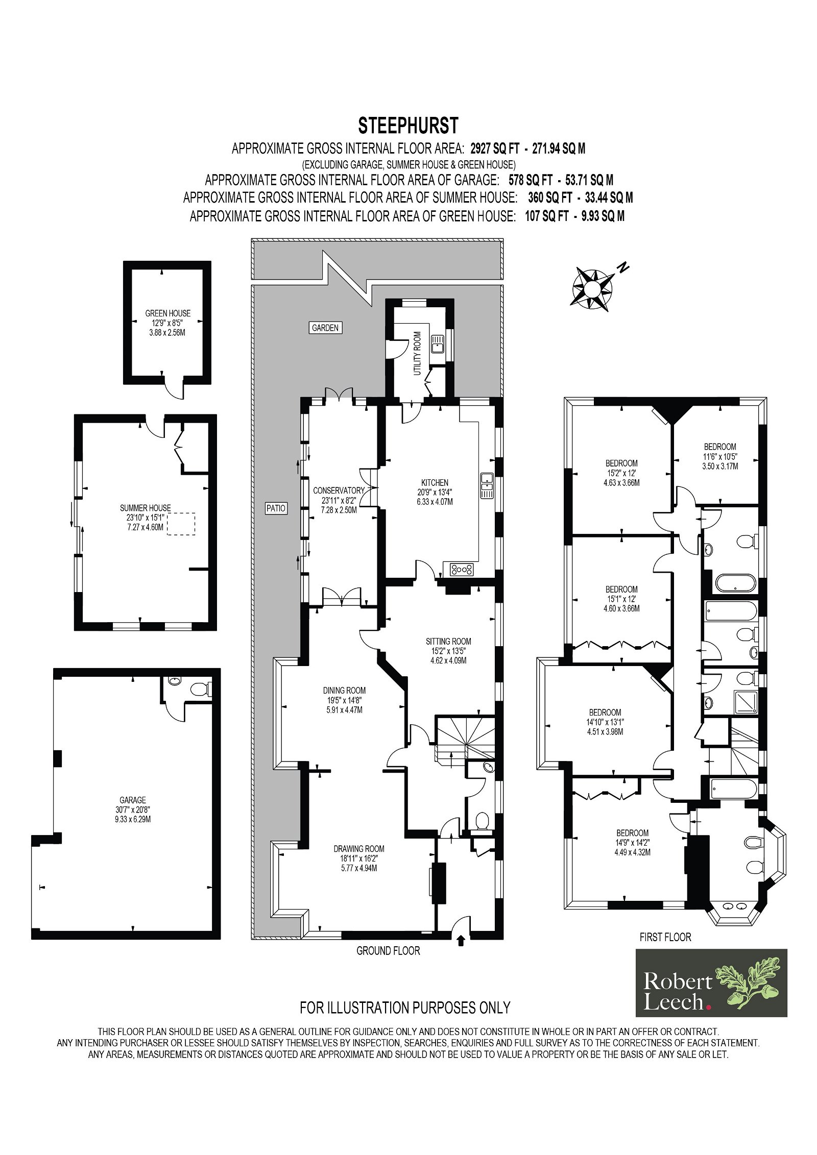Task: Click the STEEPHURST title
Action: coord(408,126)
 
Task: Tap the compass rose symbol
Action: coord(593,289)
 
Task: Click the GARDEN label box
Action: coord(325,328)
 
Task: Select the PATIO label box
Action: coord(276,508)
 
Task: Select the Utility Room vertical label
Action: coord(417,353)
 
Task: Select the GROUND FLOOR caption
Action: coord(388,950)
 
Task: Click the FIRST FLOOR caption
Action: coord(665,937)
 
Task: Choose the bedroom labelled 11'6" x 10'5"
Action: coord(720,456)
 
